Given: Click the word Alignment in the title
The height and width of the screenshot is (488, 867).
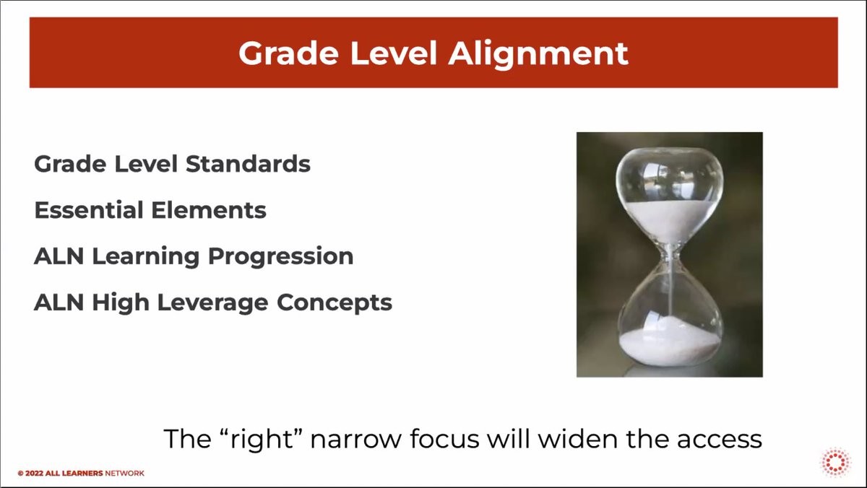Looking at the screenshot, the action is (x=538, y=55).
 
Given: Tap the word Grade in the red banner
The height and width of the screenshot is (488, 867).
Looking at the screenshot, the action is (x=288, y=53).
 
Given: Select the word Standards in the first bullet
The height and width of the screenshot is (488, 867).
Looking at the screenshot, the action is (x=248, y=164).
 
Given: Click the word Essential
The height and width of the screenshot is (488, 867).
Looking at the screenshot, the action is (x=89, y=210).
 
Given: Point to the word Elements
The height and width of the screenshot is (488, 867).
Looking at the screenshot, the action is (x=209, y=210).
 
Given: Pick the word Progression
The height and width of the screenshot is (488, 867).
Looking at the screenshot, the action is (x=280, y=257).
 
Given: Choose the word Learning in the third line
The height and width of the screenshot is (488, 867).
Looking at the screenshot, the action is (x=146, y=257).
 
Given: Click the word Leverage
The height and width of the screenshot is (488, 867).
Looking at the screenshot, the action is (x=212, y=303).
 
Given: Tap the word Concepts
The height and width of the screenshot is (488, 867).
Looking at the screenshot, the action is (x=335, y=303).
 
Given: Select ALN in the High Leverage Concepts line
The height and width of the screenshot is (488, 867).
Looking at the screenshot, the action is (x=59, y=302).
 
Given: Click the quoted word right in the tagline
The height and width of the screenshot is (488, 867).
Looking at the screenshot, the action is (x=262, y=440).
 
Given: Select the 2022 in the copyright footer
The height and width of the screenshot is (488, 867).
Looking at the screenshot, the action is (x=34, y=474).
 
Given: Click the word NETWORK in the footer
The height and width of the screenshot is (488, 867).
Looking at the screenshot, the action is (x=124, y=474).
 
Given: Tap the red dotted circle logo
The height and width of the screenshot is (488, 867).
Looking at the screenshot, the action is (x=836, y=462).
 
